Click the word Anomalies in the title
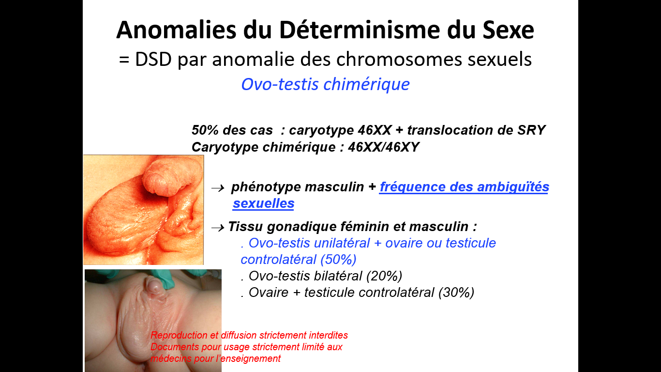176,30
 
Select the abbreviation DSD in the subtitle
153,59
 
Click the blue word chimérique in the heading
366,84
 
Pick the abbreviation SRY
531,130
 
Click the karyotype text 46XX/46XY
384,147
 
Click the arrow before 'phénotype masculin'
218,188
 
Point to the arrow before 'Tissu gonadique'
218,228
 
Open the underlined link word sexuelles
264,203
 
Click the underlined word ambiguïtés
513,187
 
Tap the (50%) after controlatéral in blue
338,260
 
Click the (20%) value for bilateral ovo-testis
384,276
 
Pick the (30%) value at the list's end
456,293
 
